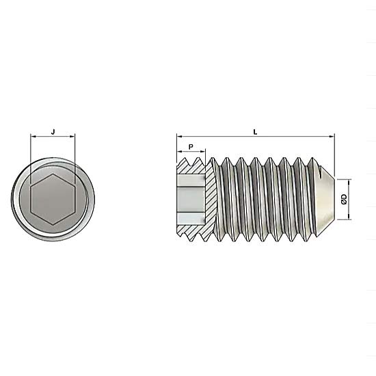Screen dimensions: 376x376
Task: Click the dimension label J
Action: tap(53, 131)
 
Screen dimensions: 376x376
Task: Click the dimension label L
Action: tap(255, 132)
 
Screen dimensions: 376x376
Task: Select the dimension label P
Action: tap(191, 147)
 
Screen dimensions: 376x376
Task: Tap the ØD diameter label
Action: tap(344, 199)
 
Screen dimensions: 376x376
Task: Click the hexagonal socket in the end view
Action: tap(53, 199)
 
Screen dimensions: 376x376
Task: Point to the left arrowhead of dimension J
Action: tap(33, 137)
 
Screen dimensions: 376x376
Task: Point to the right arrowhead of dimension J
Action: tap(72, 137)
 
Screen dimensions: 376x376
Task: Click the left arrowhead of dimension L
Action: tap(180, 137)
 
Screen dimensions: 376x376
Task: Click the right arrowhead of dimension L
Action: tap(332, 137)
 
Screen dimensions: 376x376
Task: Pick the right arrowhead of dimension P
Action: tap(203, 151)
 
